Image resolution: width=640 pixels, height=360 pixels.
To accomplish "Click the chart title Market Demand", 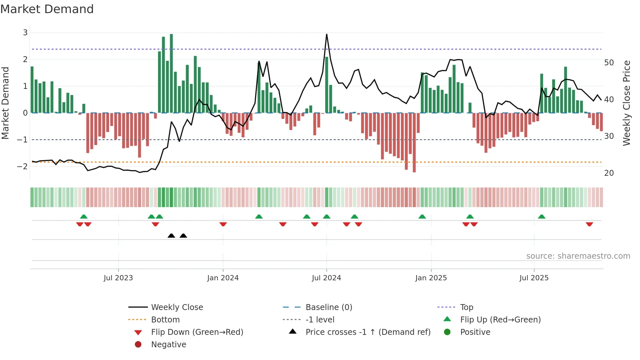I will point(47,9).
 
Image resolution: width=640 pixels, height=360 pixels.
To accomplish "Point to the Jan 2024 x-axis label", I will point(223,278).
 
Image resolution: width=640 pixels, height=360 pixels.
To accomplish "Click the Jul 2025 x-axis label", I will point(534,278).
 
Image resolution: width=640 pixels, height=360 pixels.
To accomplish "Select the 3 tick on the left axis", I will point(25,32).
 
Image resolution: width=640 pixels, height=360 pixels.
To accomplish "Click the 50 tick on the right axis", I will point(609,62).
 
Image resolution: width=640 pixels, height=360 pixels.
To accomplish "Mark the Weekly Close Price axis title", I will point(626,103).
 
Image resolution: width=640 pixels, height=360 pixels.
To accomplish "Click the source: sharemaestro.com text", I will point(578,256).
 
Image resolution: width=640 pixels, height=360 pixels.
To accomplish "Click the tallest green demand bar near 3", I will point(171,72).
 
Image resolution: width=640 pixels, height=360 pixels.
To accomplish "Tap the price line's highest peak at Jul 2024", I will point(327,35).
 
